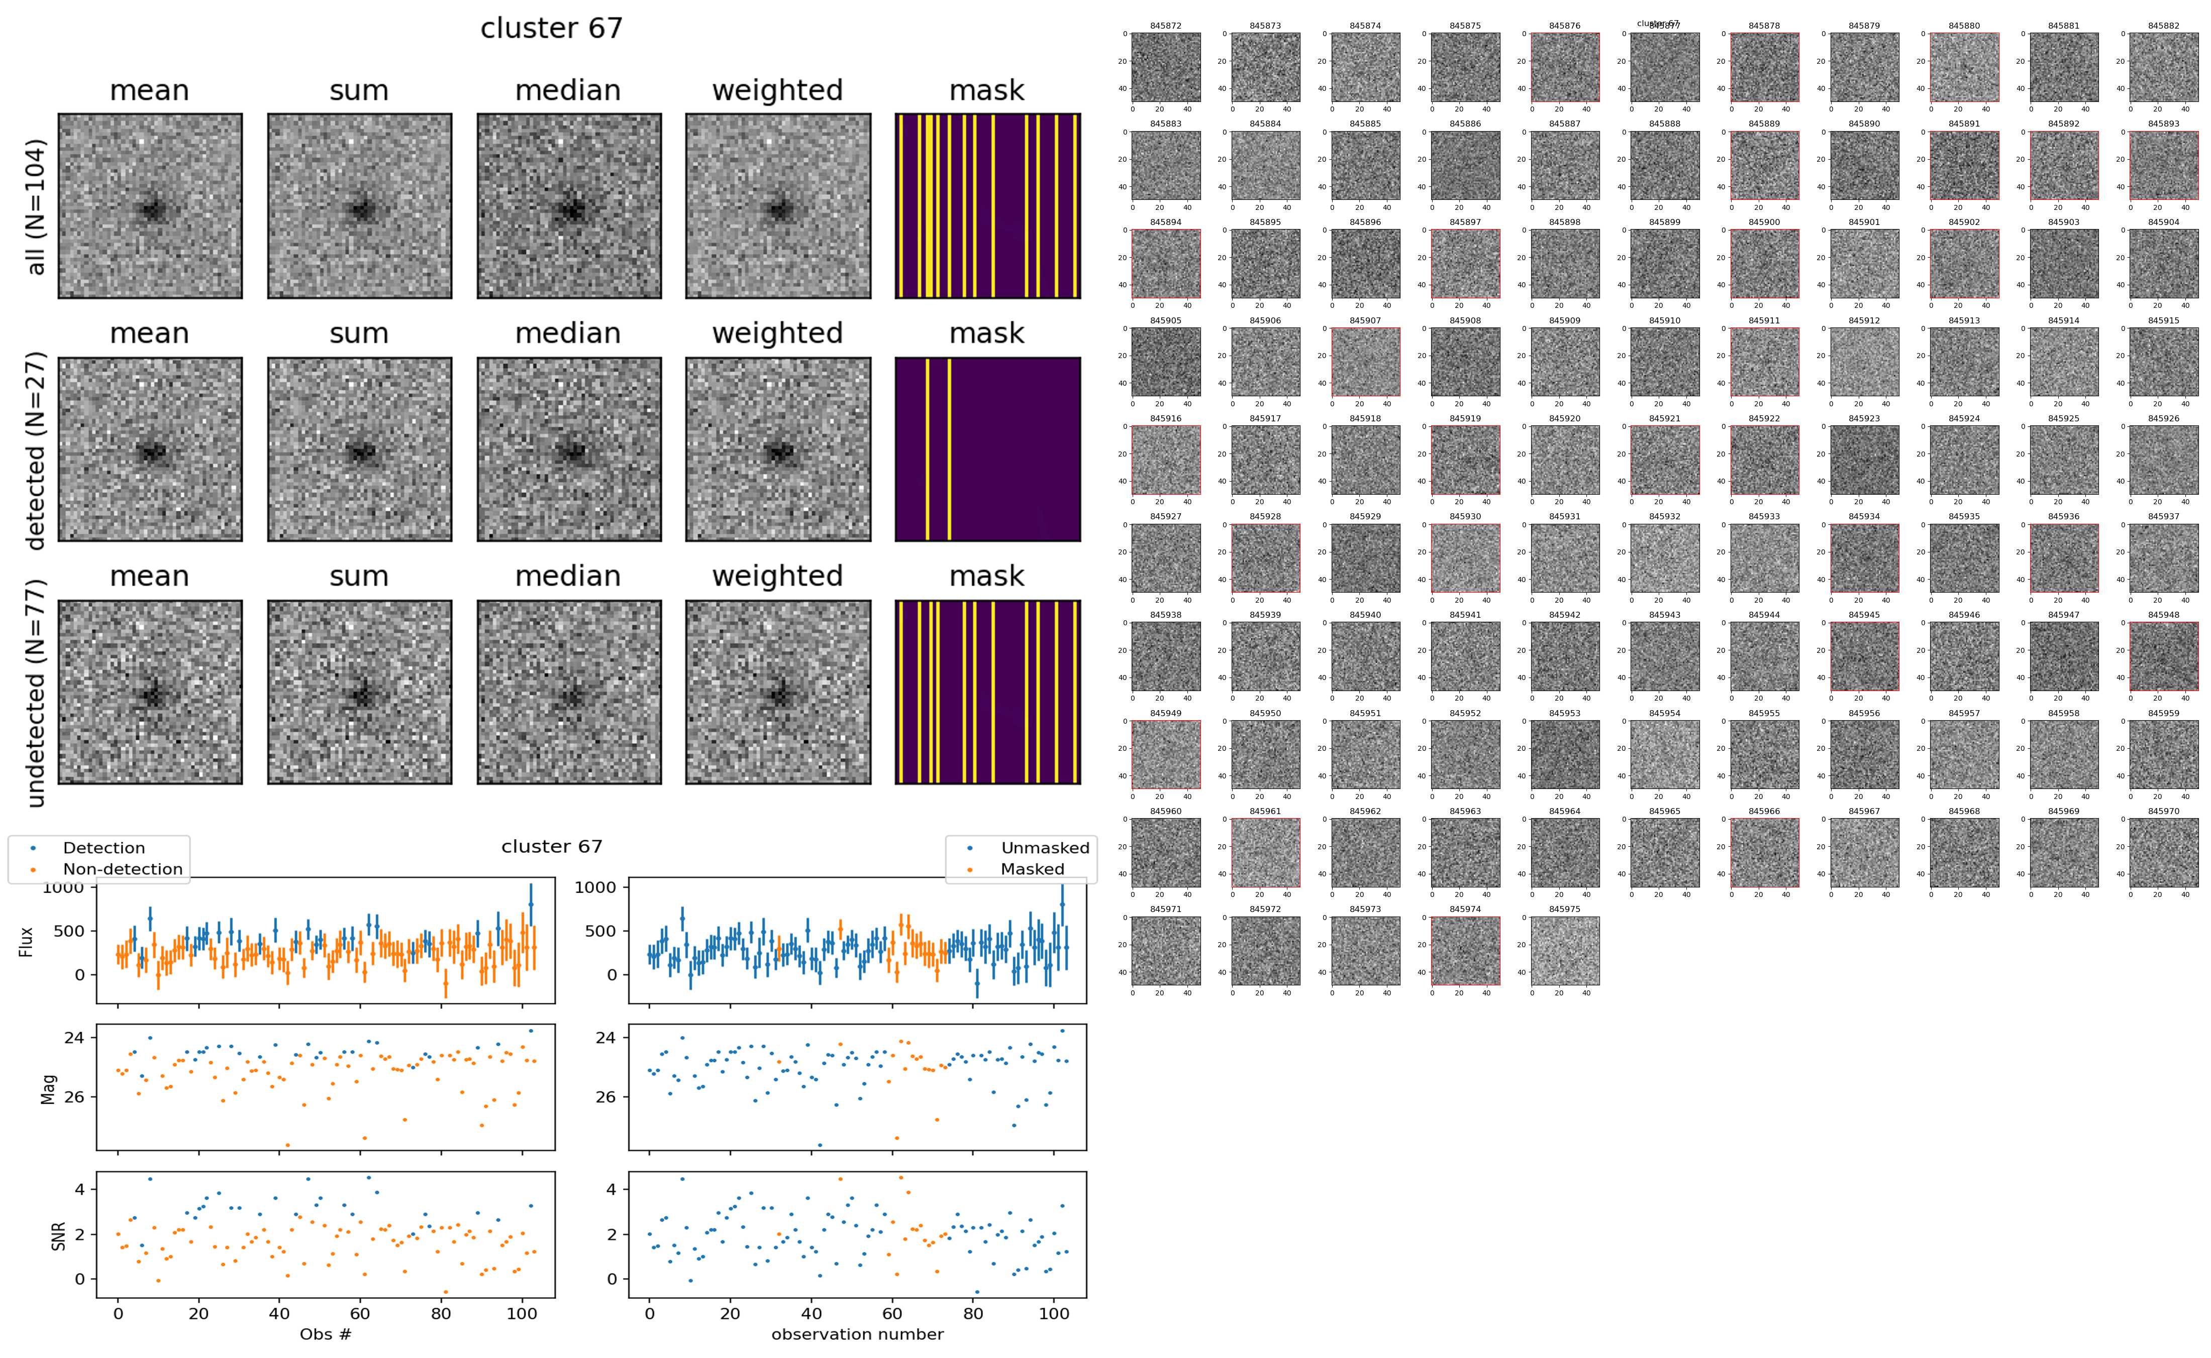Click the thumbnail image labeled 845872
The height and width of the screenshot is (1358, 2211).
tap(1165, 67)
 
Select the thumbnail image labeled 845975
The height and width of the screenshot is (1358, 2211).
tap(1564, 950)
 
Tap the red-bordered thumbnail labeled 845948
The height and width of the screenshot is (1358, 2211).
tap(2163, 656)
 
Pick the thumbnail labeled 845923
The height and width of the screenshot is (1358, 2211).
tap(1864, 460)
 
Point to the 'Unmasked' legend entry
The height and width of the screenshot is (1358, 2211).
tap(1045, 848)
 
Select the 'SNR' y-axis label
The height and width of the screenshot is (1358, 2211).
tap(58, 1234)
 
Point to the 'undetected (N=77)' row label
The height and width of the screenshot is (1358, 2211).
tap(36, 693)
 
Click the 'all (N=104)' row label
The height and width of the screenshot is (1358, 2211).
tap(36, 206)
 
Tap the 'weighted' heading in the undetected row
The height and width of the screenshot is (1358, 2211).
tap(777, 576)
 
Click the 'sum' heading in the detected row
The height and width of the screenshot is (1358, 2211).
tap(358, 333)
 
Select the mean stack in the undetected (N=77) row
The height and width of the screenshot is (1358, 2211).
tap(150, 693)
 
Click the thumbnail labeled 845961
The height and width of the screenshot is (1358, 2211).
tap(1265, 852)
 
